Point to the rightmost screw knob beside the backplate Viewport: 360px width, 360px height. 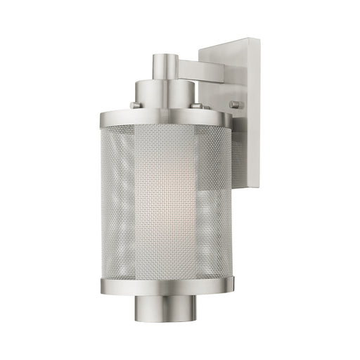point(233,105)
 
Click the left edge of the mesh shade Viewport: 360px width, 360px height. point(105,204)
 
